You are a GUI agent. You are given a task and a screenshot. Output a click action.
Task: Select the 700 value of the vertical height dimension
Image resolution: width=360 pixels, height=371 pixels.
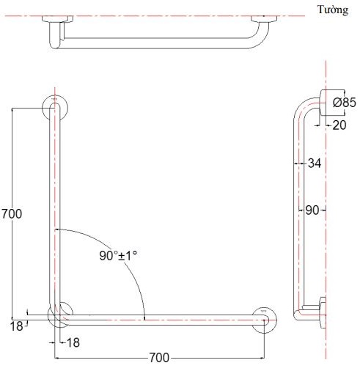tap(12, 214)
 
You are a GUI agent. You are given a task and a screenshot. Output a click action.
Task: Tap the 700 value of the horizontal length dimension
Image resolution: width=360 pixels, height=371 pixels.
tap(159, 358)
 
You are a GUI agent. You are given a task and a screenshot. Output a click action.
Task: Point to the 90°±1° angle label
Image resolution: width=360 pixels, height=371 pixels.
tap(119, 256)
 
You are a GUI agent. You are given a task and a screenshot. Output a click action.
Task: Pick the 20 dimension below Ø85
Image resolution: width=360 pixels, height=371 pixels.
tap(339, 125)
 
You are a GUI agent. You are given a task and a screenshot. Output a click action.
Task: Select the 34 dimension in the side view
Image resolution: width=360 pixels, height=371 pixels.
tap(314, 163)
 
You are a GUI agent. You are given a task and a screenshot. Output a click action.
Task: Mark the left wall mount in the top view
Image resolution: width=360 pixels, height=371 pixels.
tap(56, 18)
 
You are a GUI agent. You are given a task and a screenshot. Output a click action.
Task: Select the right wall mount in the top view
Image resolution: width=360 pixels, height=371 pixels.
tap(263, 18)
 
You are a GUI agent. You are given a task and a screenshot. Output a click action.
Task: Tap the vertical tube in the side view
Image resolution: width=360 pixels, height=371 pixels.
tap(298, 213)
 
